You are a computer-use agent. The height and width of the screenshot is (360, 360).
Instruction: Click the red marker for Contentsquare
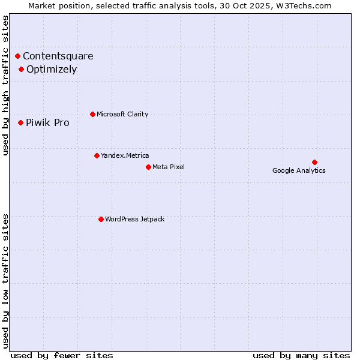pos(18,56)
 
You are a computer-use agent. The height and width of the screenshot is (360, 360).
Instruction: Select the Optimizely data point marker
pos(21,69)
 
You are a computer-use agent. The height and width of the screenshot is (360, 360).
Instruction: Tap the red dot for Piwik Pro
pos(20,122)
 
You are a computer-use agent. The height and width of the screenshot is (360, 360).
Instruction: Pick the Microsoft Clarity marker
pos(92,114)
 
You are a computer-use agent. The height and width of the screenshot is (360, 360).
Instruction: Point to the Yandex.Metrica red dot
pos(97,155)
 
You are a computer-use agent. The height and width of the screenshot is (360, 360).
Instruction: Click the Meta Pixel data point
pos(148,167)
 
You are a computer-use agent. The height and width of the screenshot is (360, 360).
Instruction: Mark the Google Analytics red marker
pos(314,162)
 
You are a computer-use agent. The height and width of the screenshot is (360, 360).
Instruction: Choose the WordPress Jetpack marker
pos(101,219)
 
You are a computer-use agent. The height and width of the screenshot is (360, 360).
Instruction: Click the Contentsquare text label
pos(58,56)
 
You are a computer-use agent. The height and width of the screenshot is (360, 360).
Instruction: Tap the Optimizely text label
pos(52,69)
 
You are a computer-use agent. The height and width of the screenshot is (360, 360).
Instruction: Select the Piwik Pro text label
pos(47,123)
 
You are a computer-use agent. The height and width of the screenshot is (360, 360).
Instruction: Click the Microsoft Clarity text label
pos(122,114)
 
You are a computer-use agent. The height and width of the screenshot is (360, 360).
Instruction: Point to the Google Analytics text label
pos(299,170)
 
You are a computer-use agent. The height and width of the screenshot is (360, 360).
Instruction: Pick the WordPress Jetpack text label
pos(134,219)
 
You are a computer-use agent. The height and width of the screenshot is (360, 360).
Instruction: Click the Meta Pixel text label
pos(169,167)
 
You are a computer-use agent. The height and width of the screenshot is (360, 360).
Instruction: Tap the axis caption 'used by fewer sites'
pos(62,355)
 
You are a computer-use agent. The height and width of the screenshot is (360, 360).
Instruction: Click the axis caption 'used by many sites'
pos(301,355)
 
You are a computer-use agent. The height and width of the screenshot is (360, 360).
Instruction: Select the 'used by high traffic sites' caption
pos(5,85)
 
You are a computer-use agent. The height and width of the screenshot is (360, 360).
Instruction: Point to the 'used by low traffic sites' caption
pos(5,280)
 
